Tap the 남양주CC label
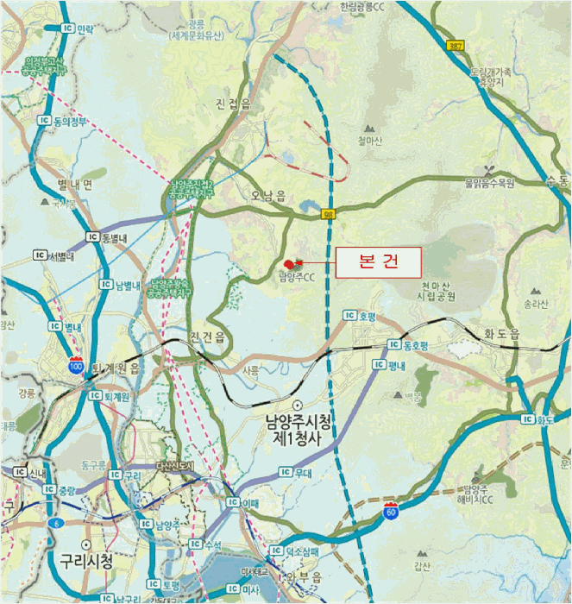299,277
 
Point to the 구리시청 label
86,561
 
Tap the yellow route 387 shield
456,45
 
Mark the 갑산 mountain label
422,566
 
